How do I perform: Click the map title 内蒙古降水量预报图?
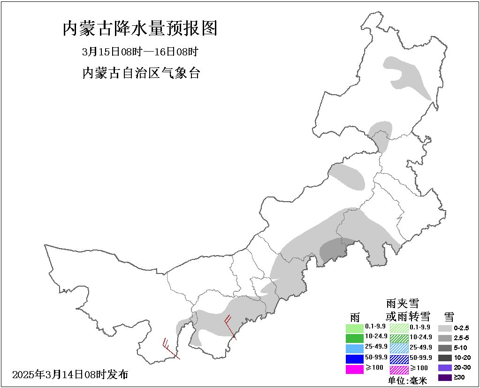pos(140,29)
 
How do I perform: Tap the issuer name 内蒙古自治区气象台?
pos(141,73)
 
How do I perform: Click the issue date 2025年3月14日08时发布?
pos(70,374)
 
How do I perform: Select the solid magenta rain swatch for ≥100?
pos(355,369)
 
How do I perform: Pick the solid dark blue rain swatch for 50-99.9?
pos(355,358)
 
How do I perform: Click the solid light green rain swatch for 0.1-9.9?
pos(355,327)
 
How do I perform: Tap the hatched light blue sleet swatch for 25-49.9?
pos(399,348)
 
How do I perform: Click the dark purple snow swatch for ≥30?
pos(446,377)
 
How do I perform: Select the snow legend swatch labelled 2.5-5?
pos(446,338)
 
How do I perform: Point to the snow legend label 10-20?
pos(462,358)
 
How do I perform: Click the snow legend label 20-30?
pos(462,367)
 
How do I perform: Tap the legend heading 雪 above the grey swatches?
pos(449,316)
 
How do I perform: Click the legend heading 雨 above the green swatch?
pos(355,316)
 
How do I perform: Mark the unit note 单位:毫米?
pos(408,381)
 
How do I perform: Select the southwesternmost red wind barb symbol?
pos(170,349)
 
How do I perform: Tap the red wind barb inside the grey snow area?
pos(230,327)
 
